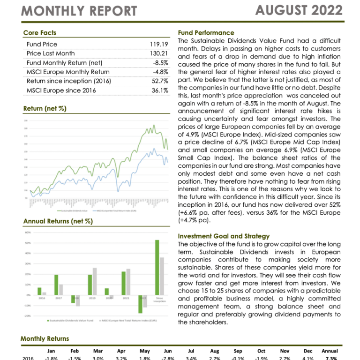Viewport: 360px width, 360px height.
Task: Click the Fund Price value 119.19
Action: (x=158, y=45)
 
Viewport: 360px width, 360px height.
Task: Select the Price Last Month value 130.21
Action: (x=158, y=53)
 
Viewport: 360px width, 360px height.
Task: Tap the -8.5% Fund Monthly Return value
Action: (x=160, y=63)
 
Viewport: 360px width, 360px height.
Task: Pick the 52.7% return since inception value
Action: (x=159, y=81)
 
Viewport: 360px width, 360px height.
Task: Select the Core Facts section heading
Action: (x=39, y=33)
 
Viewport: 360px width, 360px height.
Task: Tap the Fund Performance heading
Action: (x=206, y=33)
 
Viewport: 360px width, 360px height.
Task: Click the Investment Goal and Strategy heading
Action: (x=224, y=236)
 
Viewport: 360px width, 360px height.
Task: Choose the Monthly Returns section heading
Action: (x=45, y=338)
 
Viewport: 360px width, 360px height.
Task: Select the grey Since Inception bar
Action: (x=162, y=276)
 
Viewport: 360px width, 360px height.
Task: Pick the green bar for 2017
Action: (x=56, y=285)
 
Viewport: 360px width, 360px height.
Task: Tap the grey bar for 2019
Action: (x=95, y=281)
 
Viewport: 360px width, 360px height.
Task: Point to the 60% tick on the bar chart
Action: (x=28, y=232)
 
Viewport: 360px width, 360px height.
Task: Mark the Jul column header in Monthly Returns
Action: (x=191, y=351)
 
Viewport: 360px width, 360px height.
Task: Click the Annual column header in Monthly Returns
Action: (x=330, y=351)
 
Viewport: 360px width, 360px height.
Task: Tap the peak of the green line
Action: (x=154, y=125)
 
